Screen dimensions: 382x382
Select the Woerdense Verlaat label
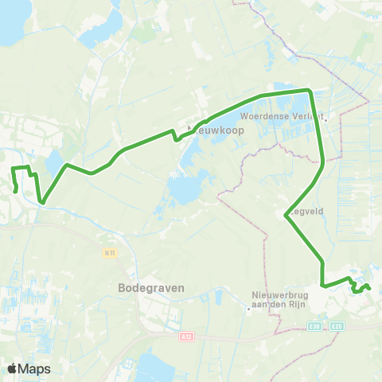[282, 115]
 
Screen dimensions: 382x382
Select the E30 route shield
[317, 326]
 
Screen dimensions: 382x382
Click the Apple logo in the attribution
[13, 368]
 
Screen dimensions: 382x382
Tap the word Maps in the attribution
[34, 368]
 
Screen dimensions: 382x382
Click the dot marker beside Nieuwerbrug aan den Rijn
[248, 310]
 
